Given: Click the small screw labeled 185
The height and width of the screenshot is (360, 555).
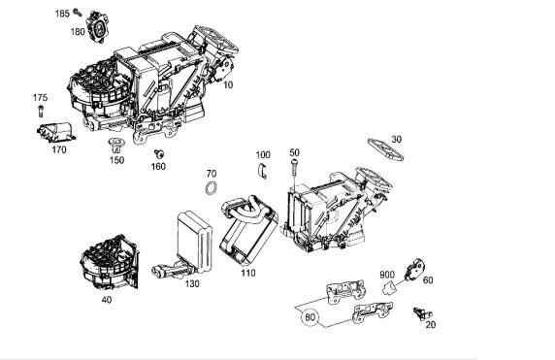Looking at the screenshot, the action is (x=78, y=13).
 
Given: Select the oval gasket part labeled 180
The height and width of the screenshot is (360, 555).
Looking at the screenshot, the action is (x=98, y=27).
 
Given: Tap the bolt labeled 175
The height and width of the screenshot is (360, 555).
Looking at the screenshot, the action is (x=41, y=111).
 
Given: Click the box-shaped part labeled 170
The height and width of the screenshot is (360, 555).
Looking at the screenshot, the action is (x=56, y=132).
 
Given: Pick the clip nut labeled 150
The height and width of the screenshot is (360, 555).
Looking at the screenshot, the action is (x=114, y=146).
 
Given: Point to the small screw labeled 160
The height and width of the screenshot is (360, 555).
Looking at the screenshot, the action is (x=159, y=154).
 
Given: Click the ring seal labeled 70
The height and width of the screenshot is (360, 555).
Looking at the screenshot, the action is (x=212, y=187).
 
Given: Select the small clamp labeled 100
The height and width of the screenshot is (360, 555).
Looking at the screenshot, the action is (x=262, y=171).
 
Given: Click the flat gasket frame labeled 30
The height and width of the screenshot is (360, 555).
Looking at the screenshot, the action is (x=385, y=149).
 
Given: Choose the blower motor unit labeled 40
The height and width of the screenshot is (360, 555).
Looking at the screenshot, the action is (x=110, y=262).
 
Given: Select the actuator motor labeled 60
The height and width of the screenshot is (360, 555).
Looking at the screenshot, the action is (x=414, y=270).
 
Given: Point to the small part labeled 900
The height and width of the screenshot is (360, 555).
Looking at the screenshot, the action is (x=389, y=287).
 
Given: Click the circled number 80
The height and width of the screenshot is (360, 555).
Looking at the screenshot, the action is (x=310, y=316).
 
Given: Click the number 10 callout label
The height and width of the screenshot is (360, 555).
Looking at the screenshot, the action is (x=228, y=85).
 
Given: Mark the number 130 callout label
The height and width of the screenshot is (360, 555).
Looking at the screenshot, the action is (x=192, y=284).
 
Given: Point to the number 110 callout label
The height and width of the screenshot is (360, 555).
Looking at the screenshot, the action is (x=247, y=274).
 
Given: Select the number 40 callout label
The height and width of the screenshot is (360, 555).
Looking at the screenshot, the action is (x=107, y=300).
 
